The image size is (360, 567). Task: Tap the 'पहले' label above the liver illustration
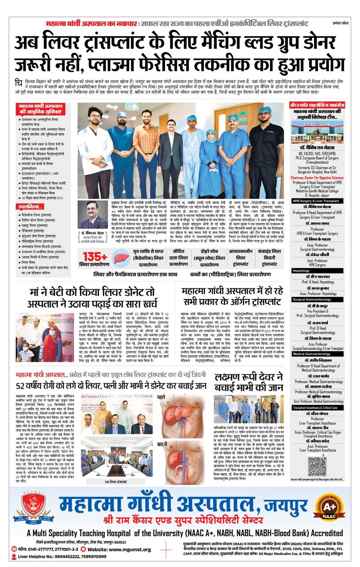tap(160, 398)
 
